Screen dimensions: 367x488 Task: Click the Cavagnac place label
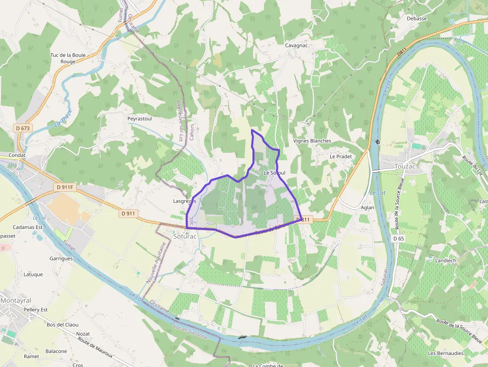point(297,45)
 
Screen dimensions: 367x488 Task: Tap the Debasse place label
point(417,18)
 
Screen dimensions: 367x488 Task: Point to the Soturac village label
point(186,236)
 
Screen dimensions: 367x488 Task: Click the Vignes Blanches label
point(312,141)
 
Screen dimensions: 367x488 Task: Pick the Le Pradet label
point(341,156)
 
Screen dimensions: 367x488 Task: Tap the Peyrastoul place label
point(139,119)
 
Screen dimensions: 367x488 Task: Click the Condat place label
point(17,155)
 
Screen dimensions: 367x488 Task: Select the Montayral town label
point(16,300)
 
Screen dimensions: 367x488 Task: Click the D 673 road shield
point(23,128)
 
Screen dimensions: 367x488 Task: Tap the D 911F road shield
point(65,187)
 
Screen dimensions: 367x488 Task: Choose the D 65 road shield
point(398,239)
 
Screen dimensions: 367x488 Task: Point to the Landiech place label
point(445,260)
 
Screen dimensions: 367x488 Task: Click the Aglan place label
point(367,207)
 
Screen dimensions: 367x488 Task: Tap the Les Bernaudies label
point(445,354)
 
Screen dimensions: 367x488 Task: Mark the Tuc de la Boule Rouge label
point(68,58)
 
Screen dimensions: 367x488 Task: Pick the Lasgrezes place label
point(184,201)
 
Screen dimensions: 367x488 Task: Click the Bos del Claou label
point(63,325)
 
